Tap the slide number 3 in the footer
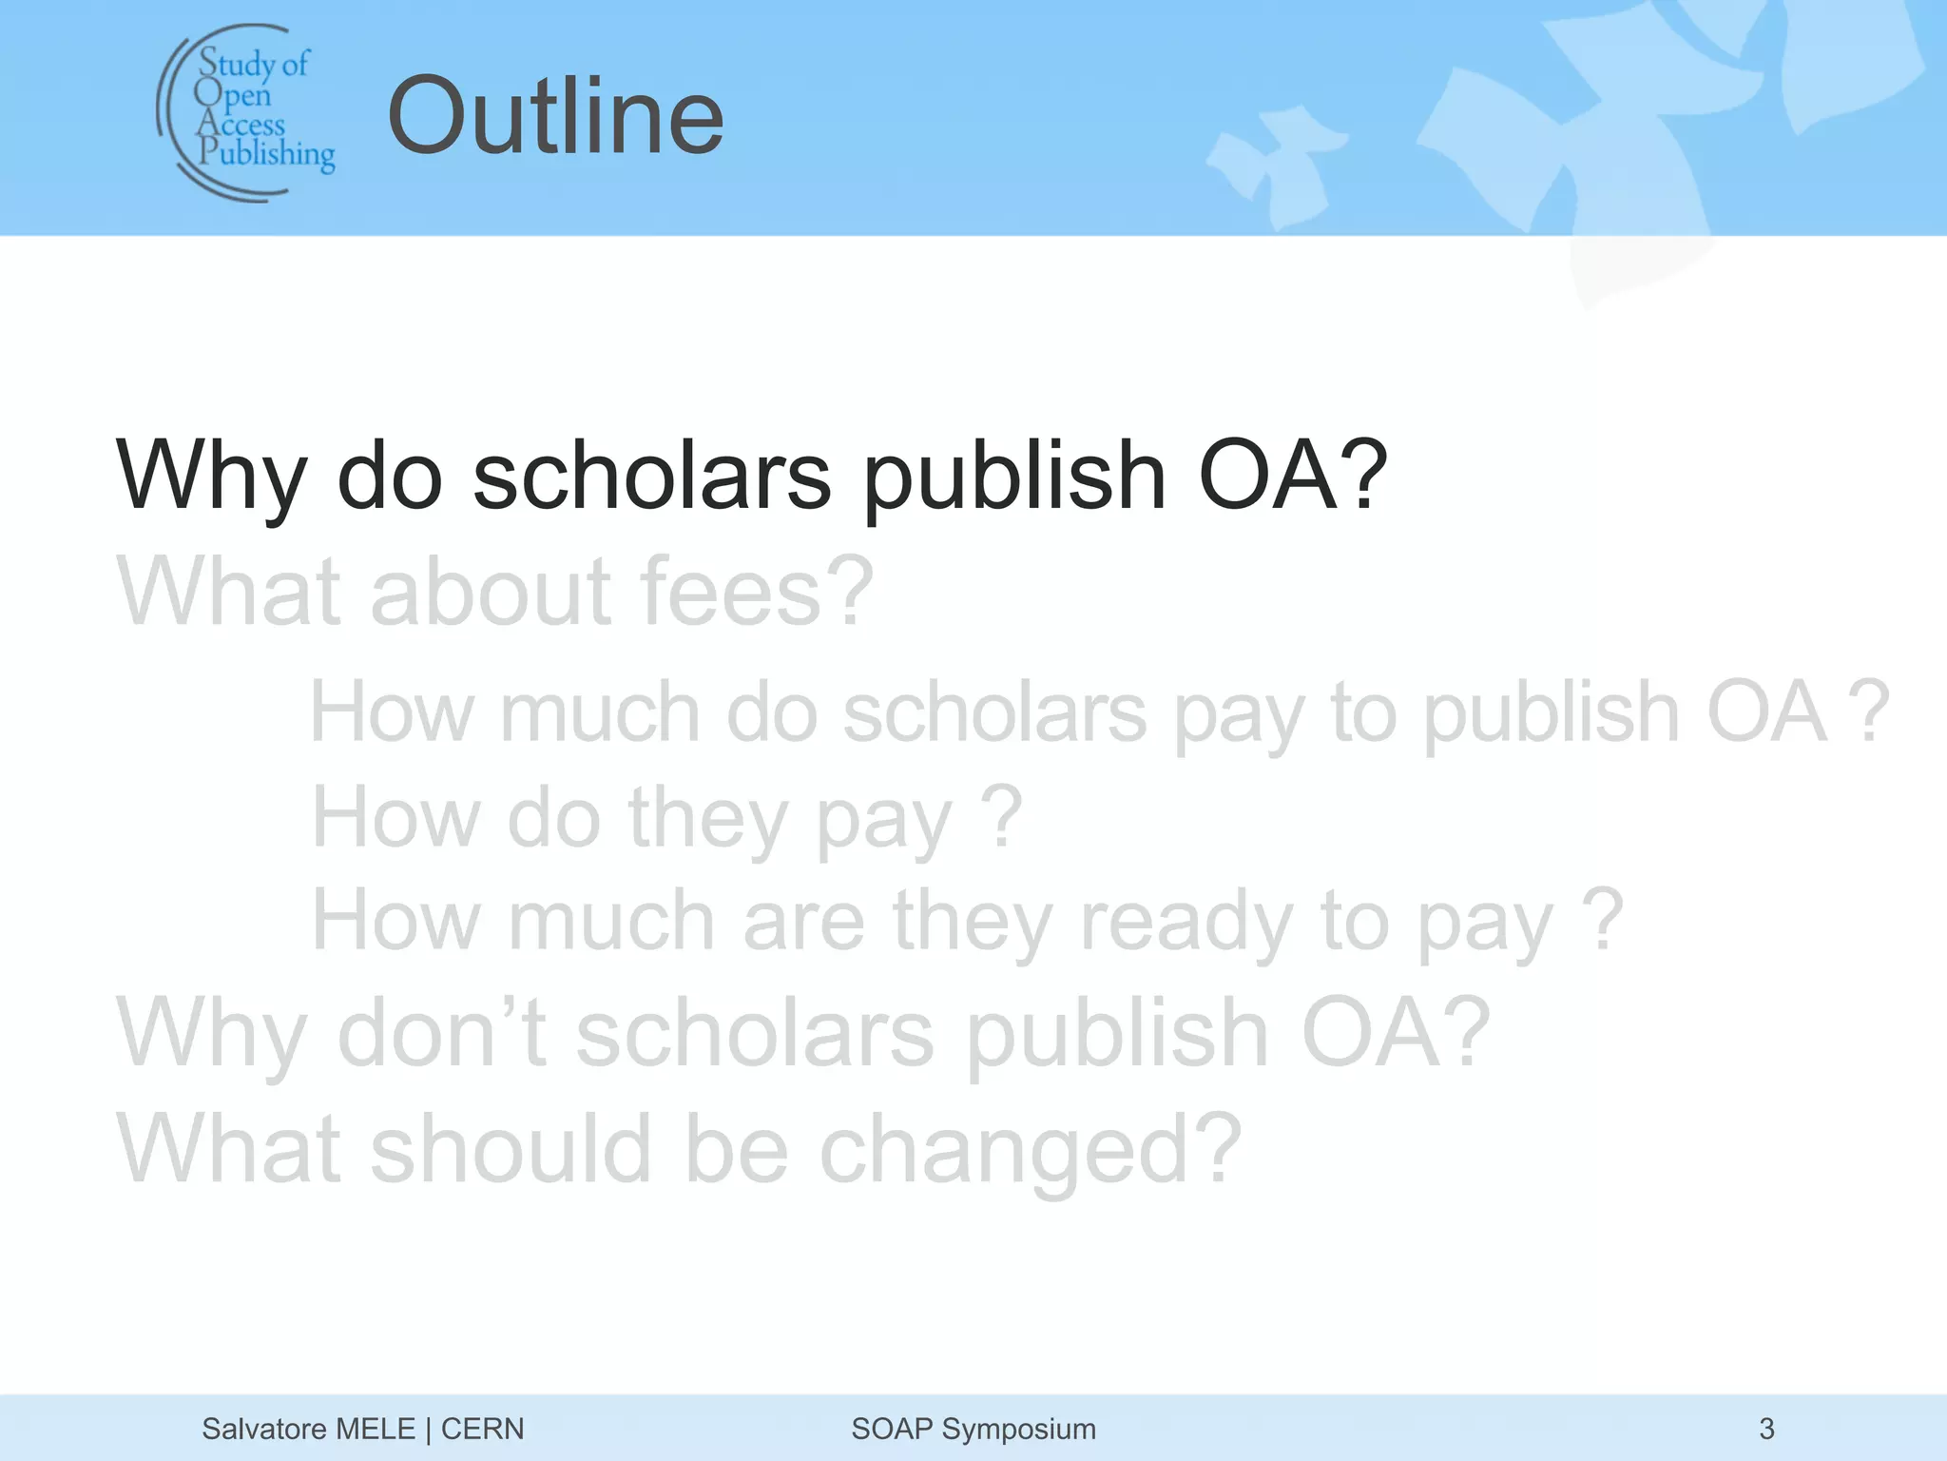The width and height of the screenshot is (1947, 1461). pos(1766,1429)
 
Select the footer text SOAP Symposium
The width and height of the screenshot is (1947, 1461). pos(973,1429)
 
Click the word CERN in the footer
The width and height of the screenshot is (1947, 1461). pos(482,1429)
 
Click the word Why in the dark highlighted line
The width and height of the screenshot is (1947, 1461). pos(211,476)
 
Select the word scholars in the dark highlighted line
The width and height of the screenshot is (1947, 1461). pos(651,476)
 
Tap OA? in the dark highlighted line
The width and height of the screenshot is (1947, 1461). pos(1293,476)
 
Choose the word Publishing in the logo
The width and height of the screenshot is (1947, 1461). pos(267,153)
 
